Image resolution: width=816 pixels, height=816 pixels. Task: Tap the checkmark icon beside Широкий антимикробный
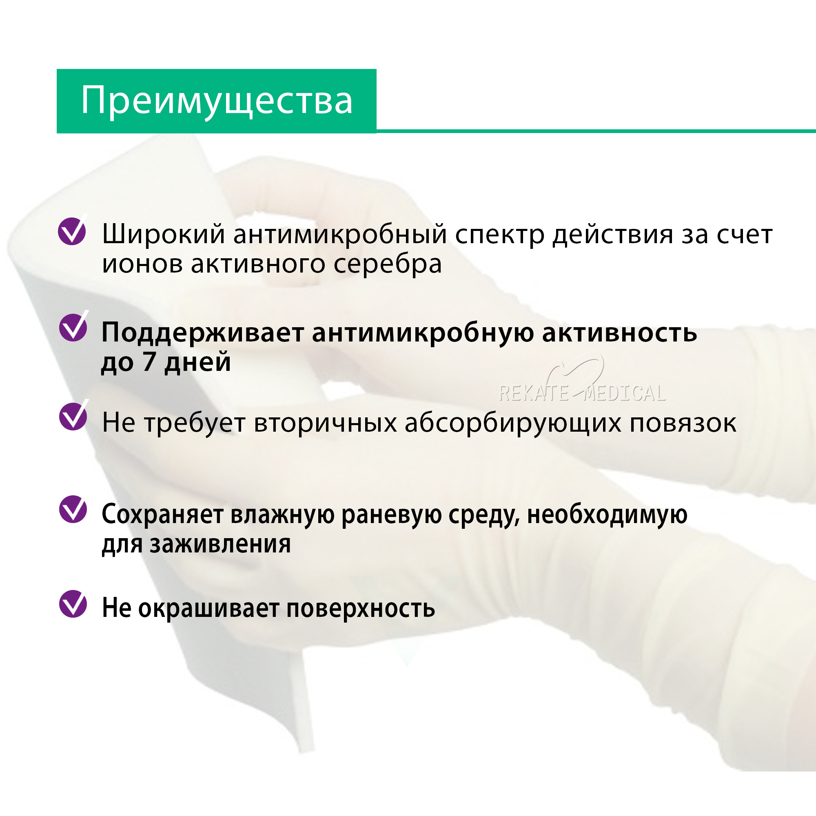tap(72, 230)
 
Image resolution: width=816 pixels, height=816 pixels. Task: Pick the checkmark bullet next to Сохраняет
tap(73, 509)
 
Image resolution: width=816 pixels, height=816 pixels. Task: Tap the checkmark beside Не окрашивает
tap(73, 603)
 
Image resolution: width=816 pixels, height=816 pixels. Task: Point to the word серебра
tap(388, 264)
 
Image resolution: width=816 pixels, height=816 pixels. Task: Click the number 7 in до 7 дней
tap(149, 361)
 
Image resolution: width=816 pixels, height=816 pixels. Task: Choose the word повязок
tap(683, 423)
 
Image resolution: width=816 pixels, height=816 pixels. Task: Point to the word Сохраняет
tap(163, 515)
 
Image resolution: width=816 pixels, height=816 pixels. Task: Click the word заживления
tap(220, 544)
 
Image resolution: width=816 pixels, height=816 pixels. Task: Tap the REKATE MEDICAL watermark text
tap(582, 393)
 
